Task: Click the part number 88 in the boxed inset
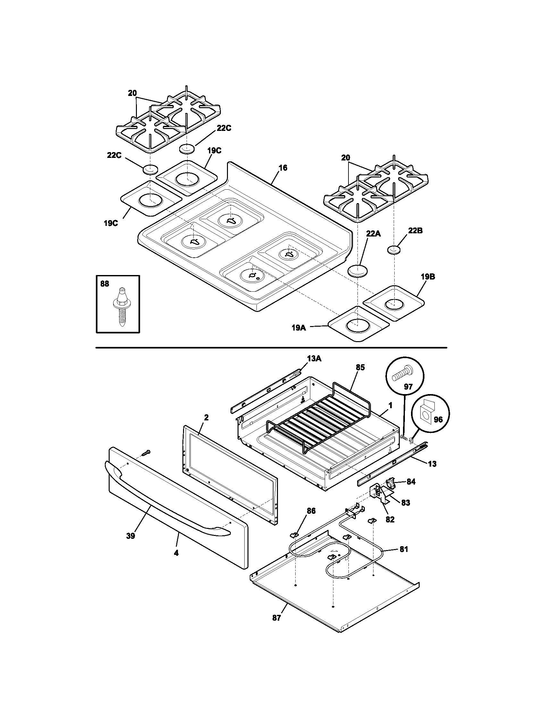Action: point(105,284)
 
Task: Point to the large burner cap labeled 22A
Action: point(358,271)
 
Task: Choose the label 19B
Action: point(428,277)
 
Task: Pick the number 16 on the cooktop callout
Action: point(283,168)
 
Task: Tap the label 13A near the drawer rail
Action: point(314,358)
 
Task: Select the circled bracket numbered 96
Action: point(426,417)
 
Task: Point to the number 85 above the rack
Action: point(360,367)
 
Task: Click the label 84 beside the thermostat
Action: point(411,491)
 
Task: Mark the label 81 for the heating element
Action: point(404,549)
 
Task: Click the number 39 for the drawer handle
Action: point(130,536)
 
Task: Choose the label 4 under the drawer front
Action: point(176,553)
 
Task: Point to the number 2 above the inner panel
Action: point(206,417)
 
